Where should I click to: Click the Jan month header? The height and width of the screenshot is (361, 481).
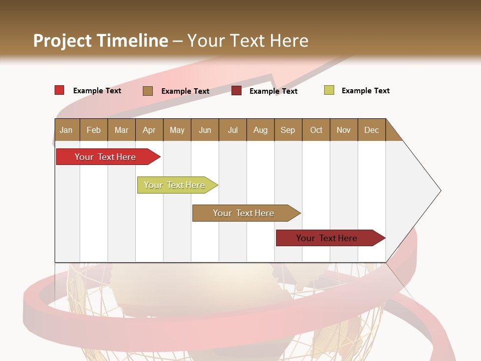tap(66, 130)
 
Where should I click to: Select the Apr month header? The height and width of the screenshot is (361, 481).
tap(149, 130)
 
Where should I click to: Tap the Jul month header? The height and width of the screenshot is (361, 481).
tap(232, 130)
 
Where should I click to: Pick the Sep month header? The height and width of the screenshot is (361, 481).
tap(288, 130)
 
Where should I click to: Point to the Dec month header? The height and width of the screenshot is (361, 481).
tap(371, 130)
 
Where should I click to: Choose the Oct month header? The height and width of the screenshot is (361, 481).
tap(316, 130)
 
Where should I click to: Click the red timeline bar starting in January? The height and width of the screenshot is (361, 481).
tap(105, 157)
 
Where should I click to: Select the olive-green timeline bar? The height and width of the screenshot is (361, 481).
tap(174, 185)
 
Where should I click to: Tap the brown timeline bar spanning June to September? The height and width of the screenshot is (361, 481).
tap(244, 213)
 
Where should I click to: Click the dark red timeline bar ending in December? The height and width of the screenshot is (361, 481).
tap(327, 238)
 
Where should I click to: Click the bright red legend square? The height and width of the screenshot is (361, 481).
tap(59, 90)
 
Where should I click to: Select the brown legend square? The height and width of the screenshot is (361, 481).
tap(147, 91)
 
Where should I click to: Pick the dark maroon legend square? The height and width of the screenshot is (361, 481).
tap(236, 91)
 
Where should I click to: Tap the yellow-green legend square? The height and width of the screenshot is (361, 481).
tap(329, 90)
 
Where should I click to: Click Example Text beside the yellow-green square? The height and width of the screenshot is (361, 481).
tap(365, 91)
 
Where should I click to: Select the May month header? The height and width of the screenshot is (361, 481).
tap(177, 130)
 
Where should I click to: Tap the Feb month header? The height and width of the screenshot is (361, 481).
tap(94, 130)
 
